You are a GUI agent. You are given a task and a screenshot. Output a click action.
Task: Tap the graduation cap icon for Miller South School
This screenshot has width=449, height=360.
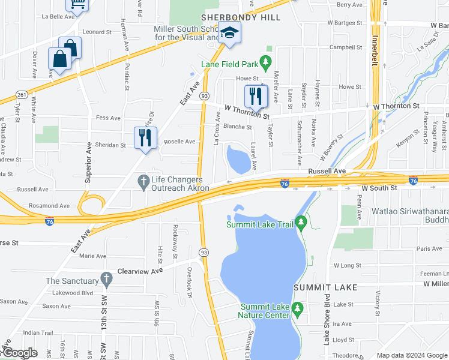coord(229,33)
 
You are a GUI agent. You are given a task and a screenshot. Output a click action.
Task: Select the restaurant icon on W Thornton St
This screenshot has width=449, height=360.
coord(256,96)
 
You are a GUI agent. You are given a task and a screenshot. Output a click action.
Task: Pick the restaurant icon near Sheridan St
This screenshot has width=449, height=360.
coord(145,138)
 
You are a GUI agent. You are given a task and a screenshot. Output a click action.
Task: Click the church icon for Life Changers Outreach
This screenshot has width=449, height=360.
coord(143,181)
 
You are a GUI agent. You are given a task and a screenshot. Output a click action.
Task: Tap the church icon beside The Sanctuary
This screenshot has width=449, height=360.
coord(106,279)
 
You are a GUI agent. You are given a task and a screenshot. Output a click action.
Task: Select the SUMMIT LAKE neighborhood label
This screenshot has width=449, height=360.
coord(325,287)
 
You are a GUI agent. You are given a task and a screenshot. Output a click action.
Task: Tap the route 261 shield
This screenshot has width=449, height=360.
coord(22,95)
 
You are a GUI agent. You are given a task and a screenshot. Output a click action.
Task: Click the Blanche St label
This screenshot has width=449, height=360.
coord(237,127)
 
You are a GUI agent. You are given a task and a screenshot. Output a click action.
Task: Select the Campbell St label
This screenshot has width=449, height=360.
coord(346,47)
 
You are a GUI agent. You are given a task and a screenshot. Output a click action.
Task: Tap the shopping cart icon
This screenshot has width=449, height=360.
coord(77,5)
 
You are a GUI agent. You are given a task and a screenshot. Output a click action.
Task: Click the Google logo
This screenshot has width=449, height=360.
coord(20,353)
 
